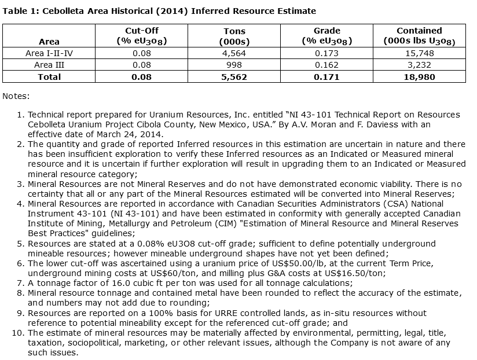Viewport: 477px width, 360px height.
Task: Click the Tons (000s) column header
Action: point(234,36)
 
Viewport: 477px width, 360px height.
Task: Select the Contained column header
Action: point(419,36)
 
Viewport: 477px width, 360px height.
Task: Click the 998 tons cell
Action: point(234,65)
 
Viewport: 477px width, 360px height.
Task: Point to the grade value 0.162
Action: point(326,65)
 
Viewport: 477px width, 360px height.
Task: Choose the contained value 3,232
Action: point(419,65)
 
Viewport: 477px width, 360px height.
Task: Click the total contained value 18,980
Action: point(419,77)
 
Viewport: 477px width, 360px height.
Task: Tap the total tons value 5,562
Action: point(234,77)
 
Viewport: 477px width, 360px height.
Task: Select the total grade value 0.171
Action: point(326,77)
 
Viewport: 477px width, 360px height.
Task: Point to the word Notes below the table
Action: point(16,95)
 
